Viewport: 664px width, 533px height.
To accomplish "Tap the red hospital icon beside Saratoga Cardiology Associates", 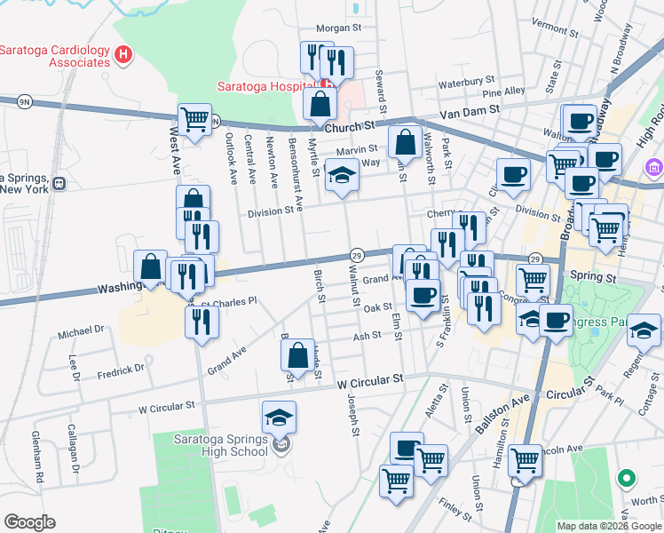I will [124, 56].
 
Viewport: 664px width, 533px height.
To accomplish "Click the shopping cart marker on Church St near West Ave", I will [194, 119].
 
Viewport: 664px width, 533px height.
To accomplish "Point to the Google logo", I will [29, 522].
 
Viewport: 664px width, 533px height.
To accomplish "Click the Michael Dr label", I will [81, 330].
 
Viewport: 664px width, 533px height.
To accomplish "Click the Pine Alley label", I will [503, 91].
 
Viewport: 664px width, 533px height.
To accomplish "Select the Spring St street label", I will [595, 278].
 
